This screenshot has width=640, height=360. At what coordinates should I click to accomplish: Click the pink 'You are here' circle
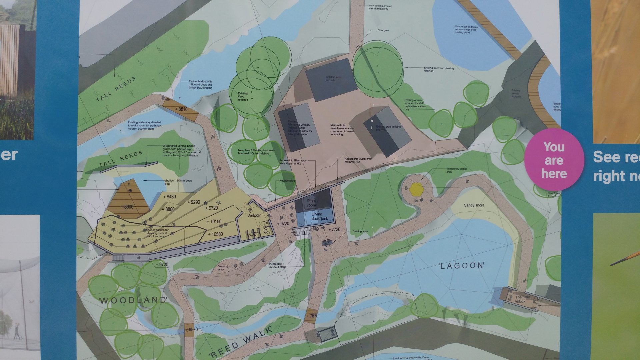(x=554, y=160)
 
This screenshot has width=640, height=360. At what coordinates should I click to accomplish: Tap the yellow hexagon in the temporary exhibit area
(x=417, y=189)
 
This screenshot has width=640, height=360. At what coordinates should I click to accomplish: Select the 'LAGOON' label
(x=462, y=266)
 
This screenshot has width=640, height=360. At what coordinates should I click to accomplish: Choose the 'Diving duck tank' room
(x=319, y=216)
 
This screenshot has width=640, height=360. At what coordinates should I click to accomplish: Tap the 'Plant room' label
(x=311, y=203)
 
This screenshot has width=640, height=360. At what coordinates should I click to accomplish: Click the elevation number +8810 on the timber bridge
(x=181, y=109)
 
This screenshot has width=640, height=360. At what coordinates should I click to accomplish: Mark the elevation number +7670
(x=312, y=315)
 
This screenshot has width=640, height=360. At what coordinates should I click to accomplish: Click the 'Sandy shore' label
(x=474, y=205)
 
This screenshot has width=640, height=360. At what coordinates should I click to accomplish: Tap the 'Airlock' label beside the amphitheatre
(x=254, y=215)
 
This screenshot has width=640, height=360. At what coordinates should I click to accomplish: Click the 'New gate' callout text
(x=383, y=30)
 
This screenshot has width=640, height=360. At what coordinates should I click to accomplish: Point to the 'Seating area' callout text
(x=360, y=231)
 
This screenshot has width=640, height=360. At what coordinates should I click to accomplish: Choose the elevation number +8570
(x=191, y=329)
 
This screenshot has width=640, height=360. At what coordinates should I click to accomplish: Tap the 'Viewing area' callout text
(x=223, y=268)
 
